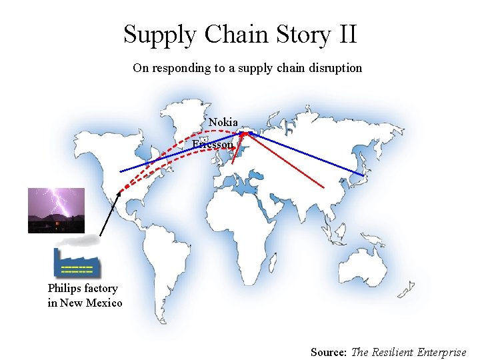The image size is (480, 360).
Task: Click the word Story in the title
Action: [x=291, y=34]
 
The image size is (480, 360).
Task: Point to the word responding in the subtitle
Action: [x=178, y=68]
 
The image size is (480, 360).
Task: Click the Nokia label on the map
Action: [x=223, y=123]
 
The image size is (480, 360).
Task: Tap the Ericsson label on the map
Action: [x=213, y=144]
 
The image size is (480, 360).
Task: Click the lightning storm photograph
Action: [x=56, y=210]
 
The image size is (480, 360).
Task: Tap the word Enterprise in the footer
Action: [x=441, y=352]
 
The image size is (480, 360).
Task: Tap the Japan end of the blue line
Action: [x=363, y=175]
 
